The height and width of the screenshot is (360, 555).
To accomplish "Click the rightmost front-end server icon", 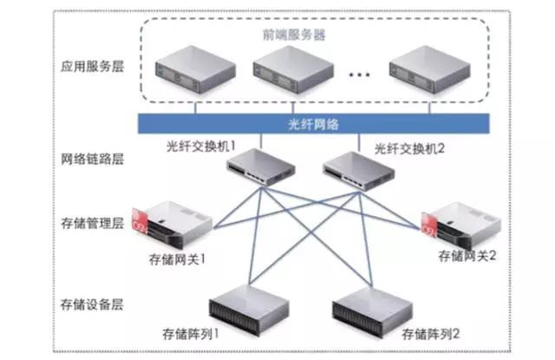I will pos(426,74).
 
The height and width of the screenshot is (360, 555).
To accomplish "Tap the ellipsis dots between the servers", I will pos(358,76).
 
